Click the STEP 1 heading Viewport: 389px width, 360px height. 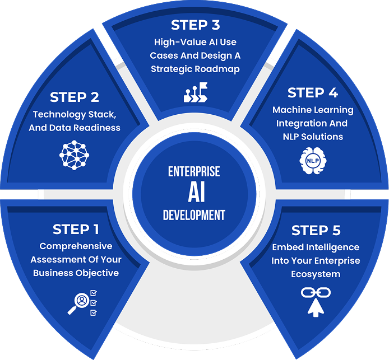tap(76, 230)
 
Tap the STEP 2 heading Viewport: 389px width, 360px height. tap(75, 97)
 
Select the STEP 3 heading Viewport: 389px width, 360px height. tap(196, 25)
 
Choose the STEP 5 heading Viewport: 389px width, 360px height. tap(316, 230)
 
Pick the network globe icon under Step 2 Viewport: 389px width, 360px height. tap(75, 155)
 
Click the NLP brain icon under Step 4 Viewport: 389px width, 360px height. tap(312, 160)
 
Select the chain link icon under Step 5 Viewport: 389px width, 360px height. tap(315, 292)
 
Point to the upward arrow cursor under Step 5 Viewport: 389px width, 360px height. tap(316, 308)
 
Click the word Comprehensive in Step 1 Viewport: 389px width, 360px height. tap(76, 246)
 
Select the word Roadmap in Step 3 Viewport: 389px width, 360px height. tap(220, 69)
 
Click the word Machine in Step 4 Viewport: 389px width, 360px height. tap(291, 110)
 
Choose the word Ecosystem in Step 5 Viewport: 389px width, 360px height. tap(316, 274)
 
